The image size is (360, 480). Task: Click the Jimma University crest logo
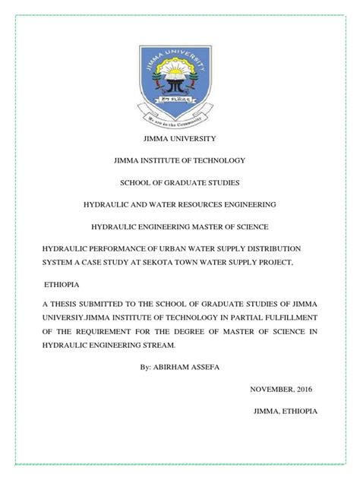coord(179,80)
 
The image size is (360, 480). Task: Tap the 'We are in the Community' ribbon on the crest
coord(179,118)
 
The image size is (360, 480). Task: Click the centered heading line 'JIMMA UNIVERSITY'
coord(179,138)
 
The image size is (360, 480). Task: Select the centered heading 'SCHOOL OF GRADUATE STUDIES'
coord(179,182)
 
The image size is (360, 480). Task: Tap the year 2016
coord(299,389)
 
